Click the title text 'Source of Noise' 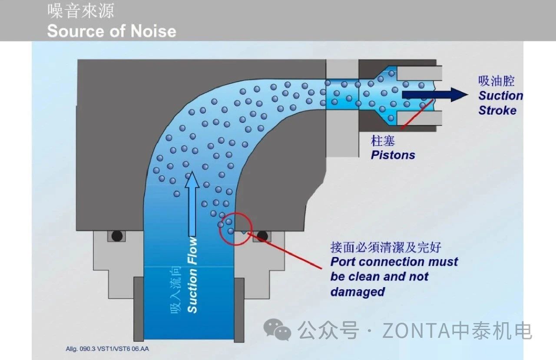click(111, 31)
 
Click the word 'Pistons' click(393, 155)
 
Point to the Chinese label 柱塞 click(383, 141)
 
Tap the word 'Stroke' click(497, 110)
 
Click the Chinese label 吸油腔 click(496, 81)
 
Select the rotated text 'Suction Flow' click(192, 275)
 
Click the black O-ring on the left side click(116, 236)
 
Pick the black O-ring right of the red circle click(262, 236)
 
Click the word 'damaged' click(357, 291)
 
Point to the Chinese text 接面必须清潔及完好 click(386, 248)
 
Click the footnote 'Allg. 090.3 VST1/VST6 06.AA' click(107, 349)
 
